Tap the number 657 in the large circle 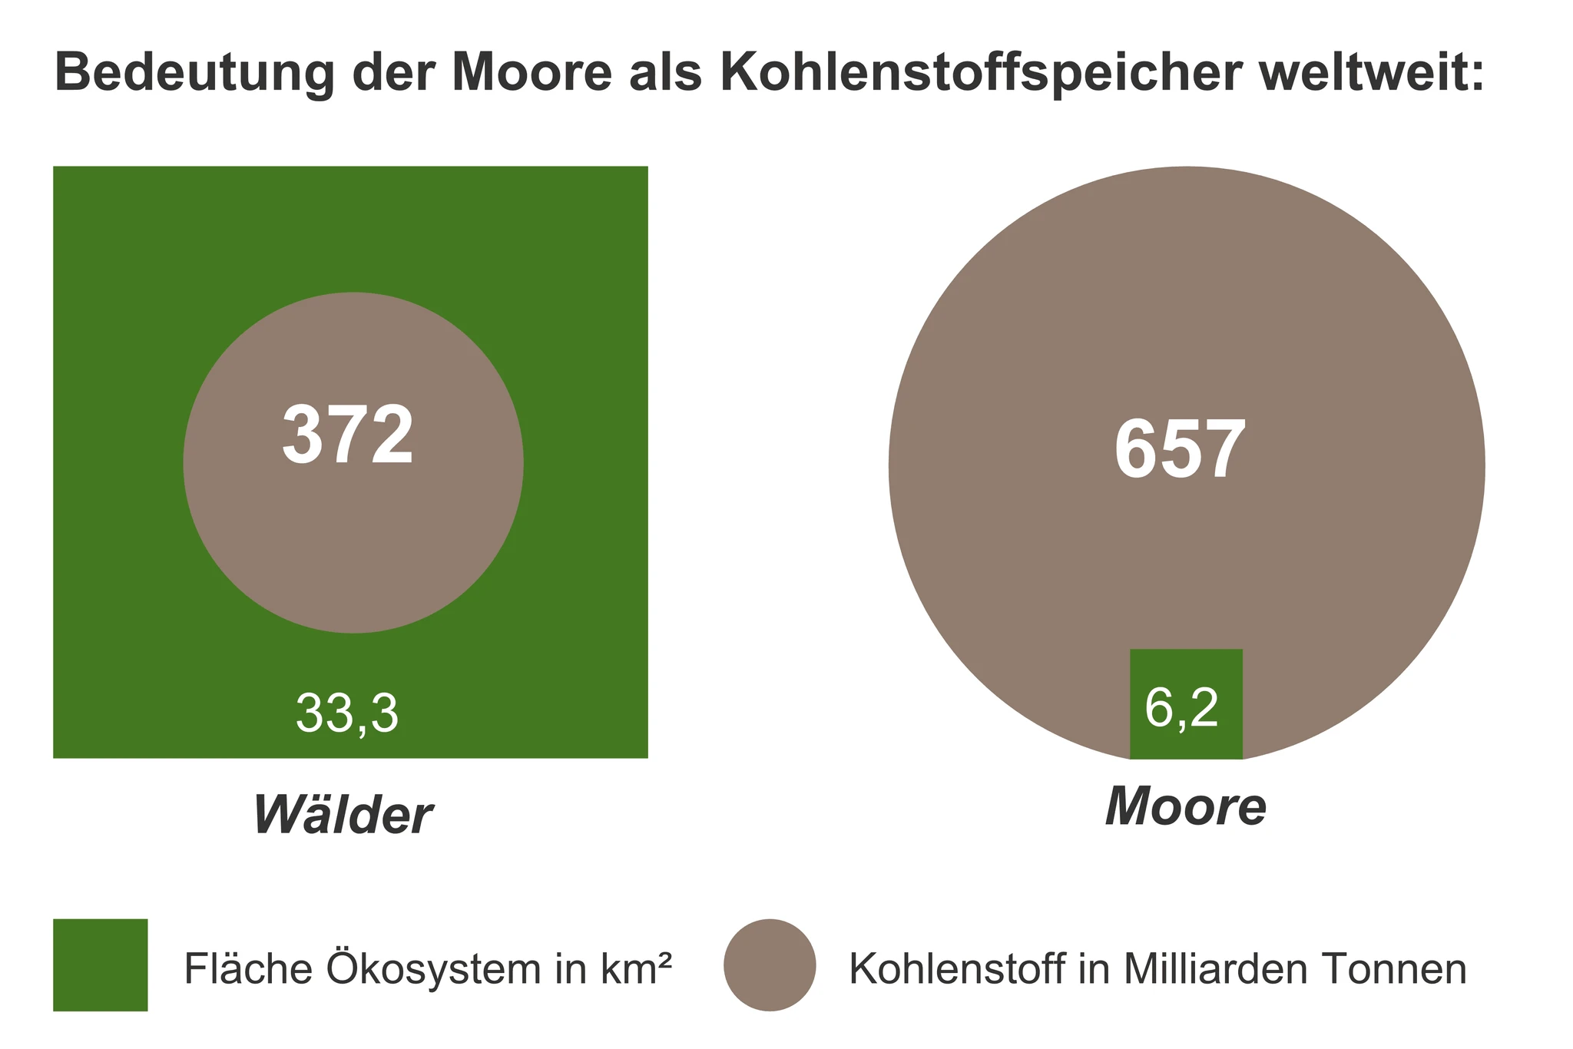1180,451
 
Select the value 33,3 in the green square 347,714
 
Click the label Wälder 343,815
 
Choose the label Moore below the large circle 1185,807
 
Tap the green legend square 101,965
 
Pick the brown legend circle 770,965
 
